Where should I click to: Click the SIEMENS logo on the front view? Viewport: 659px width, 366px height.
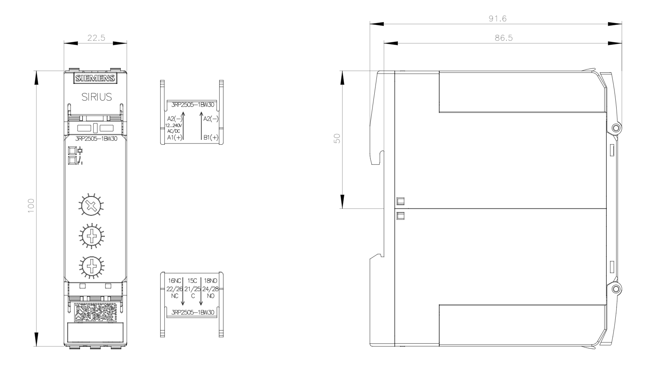point(95,78)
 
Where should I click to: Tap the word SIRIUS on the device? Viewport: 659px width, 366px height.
point(96,97)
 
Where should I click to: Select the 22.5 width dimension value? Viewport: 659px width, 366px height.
point(96,38)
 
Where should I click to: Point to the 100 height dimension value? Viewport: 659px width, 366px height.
point(31,206)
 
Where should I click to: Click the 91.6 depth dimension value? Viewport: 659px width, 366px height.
point(498,18)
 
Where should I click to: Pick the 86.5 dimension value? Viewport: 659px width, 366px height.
point(504,38)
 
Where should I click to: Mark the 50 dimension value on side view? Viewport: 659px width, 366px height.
point(337,138)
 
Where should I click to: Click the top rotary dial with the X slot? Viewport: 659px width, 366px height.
point(92,205)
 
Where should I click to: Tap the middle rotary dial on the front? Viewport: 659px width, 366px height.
point(92,235)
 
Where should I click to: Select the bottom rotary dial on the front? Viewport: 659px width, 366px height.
point(92,266)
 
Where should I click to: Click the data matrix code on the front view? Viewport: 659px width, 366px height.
point(95,312)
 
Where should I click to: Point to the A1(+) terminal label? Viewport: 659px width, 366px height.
point(175,137)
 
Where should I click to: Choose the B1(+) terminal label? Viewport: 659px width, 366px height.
point(211,137)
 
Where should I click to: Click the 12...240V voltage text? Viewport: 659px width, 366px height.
point(173,125)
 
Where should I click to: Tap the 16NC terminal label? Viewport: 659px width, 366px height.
point(175,281)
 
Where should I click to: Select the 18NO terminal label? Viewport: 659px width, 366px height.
point(211,281)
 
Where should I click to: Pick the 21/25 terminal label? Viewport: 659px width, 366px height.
point(192,289)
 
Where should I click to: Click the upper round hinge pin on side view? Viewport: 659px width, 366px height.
point(616,128)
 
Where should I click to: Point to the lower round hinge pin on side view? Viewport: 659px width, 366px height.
point(616,289)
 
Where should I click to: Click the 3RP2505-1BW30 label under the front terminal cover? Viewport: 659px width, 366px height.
point(96,139)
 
